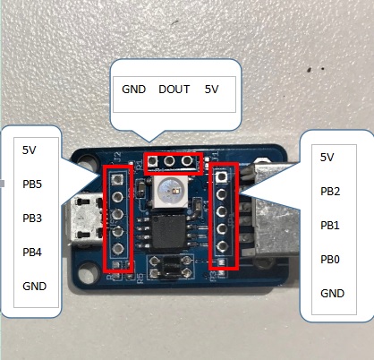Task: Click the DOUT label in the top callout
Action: (x=174, y=90)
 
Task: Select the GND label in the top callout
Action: (x=133, y=90)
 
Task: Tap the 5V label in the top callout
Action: (x=211, y=90)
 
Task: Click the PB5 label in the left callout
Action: (x=32, y=184)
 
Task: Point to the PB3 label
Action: (x=32, y=219)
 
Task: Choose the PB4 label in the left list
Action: (x=32, y=253)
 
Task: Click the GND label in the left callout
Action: (x=35, y=287)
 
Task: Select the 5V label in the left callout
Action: (x=29, y=150)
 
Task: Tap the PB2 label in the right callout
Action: (x=330, y=192)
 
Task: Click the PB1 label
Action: (x=330, y=226)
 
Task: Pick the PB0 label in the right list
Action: (x=330, y=260)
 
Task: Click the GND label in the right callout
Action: (x=332, y=294)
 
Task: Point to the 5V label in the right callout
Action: (x=327, y=158)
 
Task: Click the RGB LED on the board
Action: (x=170, y=192)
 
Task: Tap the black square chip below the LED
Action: (x=169, y=232)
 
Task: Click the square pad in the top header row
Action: (x=152, y=161)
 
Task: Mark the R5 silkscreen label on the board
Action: (x=140, y=278)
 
